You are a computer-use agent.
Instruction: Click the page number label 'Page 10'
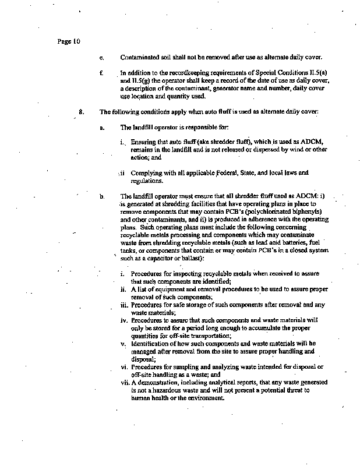(69, 41)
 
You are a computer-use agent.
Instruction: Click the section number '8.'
(82, 112)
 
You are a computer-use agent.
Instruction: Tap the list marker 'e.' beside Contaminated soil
(101, 58)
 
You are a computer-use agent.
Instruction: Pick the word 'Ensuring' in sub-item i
(143, 142)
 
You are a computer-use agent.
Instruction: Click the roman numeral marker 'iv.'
(123, 321)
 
